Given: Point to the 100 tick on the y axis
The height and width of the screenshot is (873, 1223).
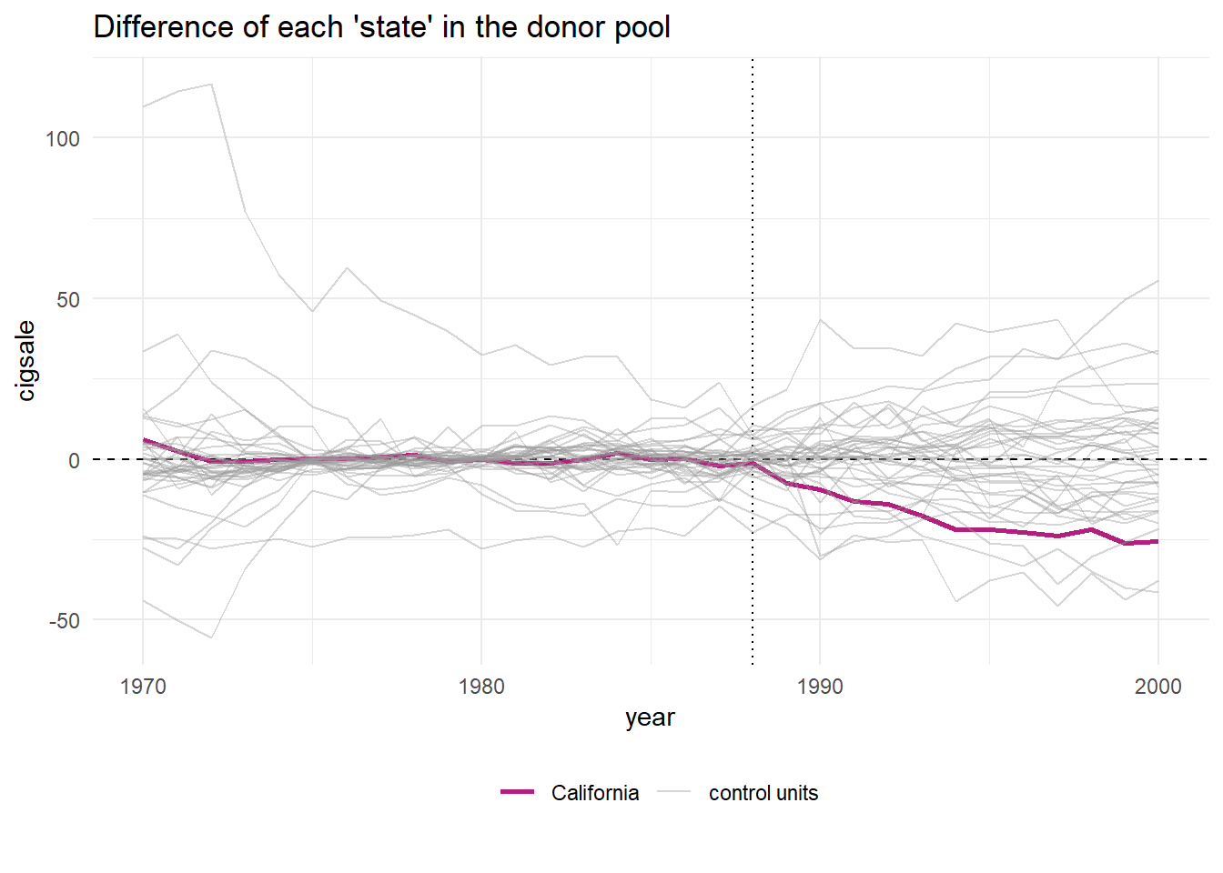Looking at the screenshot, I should click(x=63, y=139).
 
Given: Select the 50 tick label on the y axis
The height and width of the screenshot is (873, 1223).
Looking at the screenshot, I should click(x=68, y=300).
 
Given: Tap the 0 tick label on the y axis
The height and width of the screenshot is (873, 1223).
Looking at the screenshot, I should click(x=74, y=460).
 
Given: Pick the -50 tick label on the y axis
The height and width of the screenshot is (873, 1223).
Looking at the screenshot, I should click(x=64, y=621).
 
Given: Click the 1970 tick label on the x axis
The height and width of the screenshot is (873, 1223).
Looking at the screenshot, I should click(x=143, y=687).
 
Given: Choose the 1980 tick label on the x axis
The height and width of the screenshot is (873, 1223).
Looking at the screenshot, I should click(x=481, y=687).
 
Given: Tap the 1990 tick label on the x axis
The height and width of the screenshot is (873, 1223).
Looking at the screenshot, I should click(x=820, y=687).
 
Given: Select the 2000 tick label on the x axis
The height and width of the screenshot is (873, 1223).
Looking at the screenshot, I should click(x=1157, y=687).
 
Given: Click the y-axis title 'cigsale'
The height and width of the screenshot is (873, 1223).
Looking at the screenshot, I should click(x=26, y=360).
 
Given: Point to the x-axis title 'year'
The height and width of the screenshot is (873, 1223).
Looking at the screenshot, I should click(x=650, y=717).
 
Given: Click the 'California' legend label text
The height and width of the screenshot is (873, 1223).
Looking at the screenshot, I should click(x=595, y=793).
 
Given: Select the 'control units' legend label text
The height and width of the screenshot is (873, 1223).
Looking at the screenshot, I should click(x=763, y=793).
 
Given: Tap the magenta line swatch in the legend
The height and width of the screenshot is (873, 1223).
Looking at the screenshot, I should click(x=517, y=793).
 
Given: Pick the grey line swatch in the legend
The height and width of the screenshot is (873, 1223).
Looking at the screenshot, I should click(x=674, y=793).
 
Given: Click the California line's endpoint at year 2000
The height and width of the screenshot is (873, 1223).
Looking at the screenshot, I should click(x=1157, y=541).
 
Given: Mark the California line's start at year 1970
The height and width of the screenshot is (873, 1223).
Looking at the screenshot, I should click(x=143, y=439).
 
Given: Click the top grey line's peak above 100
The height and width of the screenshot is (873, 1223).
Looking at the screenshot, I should click(x=211, y=85).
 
